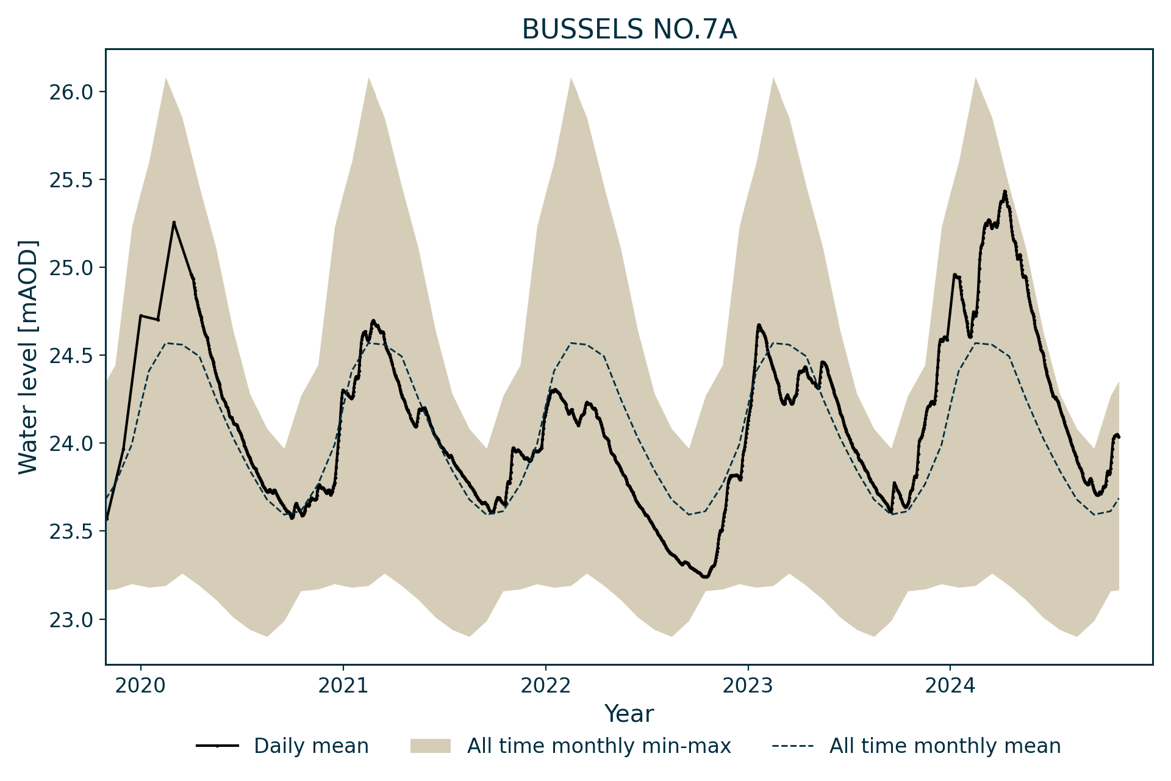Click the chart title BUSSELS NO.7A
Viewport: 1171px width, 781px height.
coord(629,30)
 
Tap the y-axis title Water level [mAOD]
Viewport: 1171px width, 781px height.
coord(28,357)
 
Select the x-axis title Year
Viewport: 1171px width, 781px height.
coord(629,714)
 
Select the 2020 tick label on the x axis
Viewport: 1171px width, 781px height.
coord(140,686)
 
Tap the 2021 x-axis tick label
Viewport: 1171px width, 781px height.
coord(343,686)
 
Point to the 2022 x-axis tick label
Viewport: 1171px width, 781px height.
coord(545,686)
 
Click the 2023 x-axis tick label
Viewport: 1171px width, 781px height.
coord(748,686)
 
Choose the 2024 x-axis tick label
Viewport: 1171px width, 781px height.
coord(950,686)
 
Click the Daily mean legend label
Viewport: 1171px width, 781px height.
coord(311,746)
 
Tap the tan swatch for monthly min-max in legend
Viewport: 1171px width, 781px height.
coord(430,746)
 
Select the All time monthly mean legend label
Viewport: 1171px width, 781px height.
coord(945,746)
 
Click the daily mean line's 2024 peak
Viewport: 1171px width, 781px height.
coord(1004,192)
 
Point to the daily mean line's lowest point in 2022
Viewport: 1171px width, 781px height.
coord(705,577)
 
